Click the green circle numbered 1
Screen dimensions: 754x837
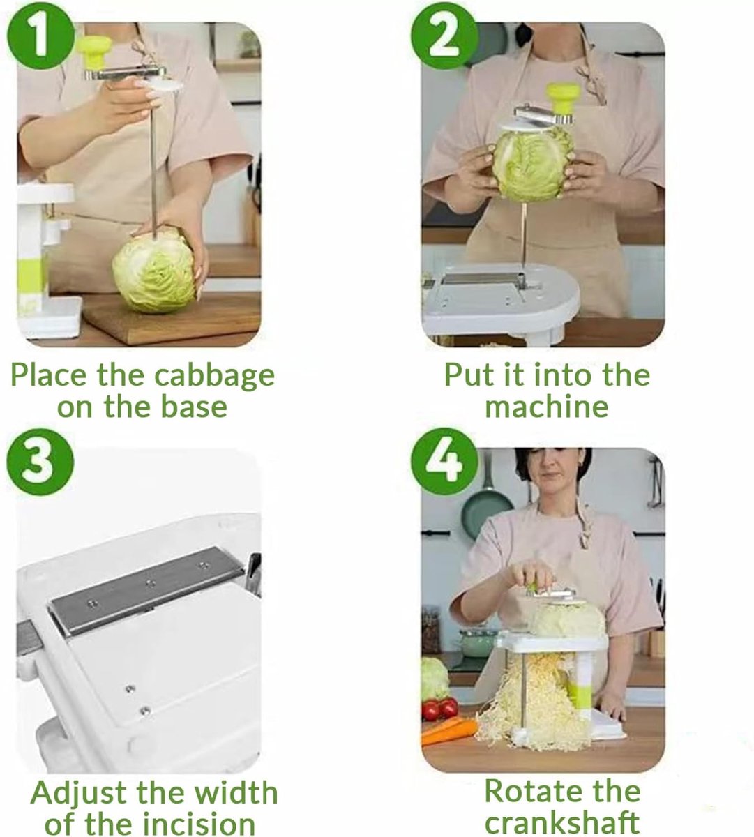[41, 36]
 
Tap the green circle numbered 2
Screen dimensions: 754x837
[445, 36]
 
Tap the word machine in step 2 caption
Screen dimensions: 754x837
[546, 407]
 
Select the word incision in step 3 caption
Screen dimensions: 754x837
[198, 823]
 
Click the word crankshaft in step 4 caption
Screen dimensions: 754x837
[562, 822]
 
